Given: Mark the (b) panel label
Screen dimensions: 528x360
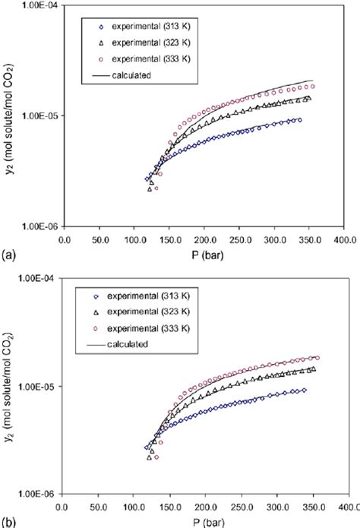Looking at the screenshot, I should click(x=7, y=522).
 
